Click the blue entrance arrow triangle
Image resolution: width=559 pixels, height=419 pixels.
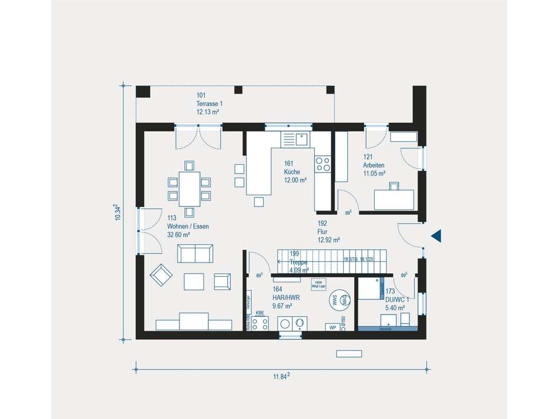click(x=436, y=236)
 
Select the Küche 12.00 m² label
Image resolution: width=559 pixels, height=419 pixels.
click(x=295, y=172)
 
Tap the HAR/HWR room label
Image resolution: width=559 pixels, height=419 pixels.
click(x=286, y=298)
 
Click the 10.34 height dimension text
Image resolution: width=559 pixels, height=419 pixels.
click(x=117, y=212)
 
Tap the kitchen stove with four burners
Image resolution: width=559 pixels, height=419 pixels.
click(x=323, y=164)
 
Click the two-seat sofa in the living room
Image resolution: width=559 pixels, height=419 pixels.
click(x=196, y=254)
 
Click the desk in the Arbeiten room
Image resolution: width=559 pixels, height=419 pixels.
click(x=394, y=199)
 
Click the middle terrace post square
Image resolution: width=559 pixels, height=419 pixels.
click(x=238, y=89)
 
